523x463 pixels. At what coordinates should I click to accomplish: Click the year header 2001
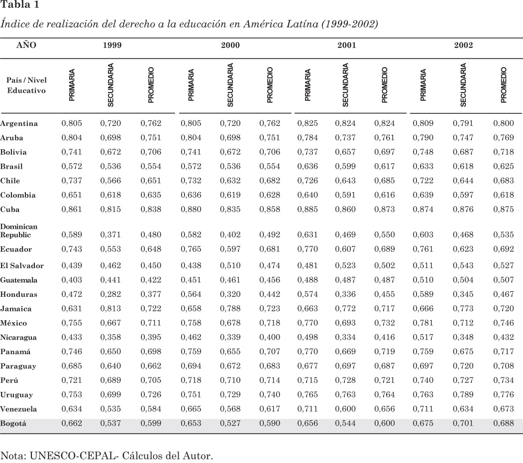pos(346,45)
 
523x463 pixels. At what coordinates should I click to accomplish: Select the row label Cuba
pos(10,209)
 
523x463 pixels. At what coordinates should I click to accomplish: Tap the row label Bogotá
pos(13,424)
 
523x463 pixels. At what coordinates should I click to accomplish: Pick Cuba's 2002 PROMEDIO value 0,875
pos(503,209)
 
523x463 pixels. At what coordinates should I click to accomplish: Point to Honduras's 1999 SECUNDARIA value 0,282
pos(110,295)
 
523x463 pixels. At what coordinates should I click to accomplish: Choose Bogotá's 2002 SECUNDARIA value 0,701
pos(462,424)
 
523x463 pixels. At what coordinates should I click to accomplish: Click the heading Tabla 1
pos(19,5)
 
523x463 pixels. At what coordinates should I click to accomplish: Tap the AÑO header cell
pos(26,45)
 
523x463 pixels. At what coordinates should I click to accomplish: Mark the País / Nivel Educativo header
pos(26,85)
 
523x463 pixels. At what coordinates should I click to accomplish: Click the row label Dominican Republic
pos(19,230)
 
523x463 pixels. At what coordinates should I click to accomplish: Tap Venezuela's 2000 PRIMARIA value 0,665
pos(191,409)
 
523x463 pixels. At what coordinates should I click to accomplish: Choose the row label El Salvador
pos(22,266)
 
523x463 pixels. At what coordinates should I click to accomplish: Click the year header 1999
pos(112,45)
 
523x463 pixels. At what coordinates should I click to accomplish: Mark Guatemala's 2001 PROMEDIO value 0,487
pos(385,280)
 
